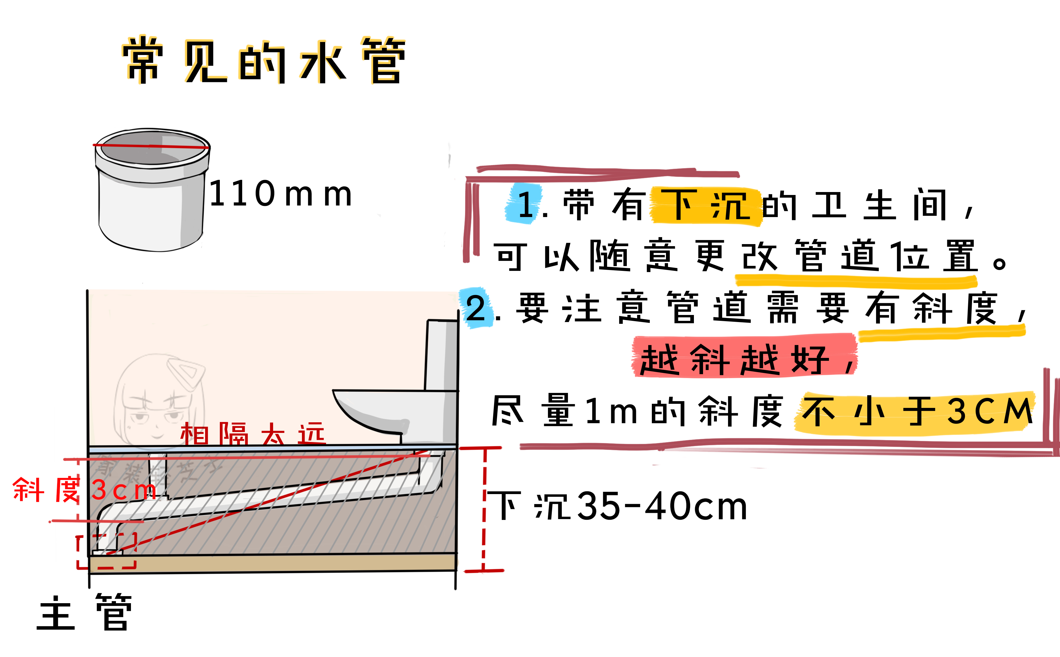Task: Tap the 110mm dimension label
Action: (280, 194)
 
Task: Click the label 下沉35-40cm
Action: (617, 506)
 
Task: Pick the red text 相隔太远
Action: (252, 434)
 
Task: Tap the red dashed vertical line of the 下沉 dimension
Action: (484, 508)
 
